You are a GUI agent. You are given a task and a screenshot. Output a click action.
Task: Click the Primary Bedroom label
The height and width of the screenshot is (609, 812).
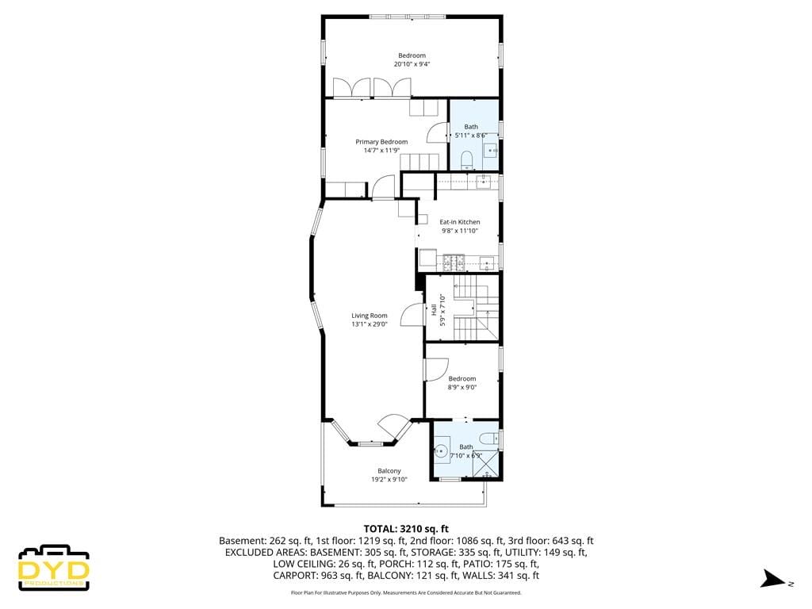click(381, 142)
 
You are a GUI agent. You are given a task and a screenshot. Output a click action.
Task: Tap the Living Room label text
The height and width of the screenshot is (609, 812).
click(370, 316)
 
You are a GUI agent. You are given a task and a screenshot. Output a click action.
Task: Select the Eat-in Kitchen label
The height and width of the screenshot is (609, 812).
click(460, 222)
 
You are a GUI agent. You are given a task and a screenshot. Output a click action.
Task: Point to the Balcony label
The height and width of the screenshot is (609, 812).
click(389, 471)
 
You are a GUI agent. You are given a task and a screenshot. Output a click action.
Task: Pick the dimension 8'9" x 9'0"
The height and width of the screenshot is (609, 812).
click(462, 387)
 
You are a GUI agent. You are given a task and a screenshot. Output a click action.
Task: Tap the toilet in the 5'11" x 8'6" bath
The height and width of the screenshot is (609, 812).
click(466, 159)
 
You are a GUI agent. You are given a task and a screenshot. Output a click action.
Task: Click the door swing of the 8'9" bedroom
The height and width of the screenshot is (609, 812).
click(436, 370)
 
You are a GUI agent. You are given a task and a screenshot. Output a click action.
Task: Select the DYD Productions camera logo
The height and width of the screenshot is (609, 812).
click(54, 567)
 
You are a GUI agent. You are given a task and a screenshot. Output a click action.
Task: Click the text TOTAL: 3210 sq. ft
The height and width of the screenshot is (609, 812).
click(406, 528)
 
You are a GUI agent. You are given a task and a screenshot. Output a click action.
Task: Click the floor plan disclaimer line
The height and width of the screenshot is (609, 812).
click(406, 592)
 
